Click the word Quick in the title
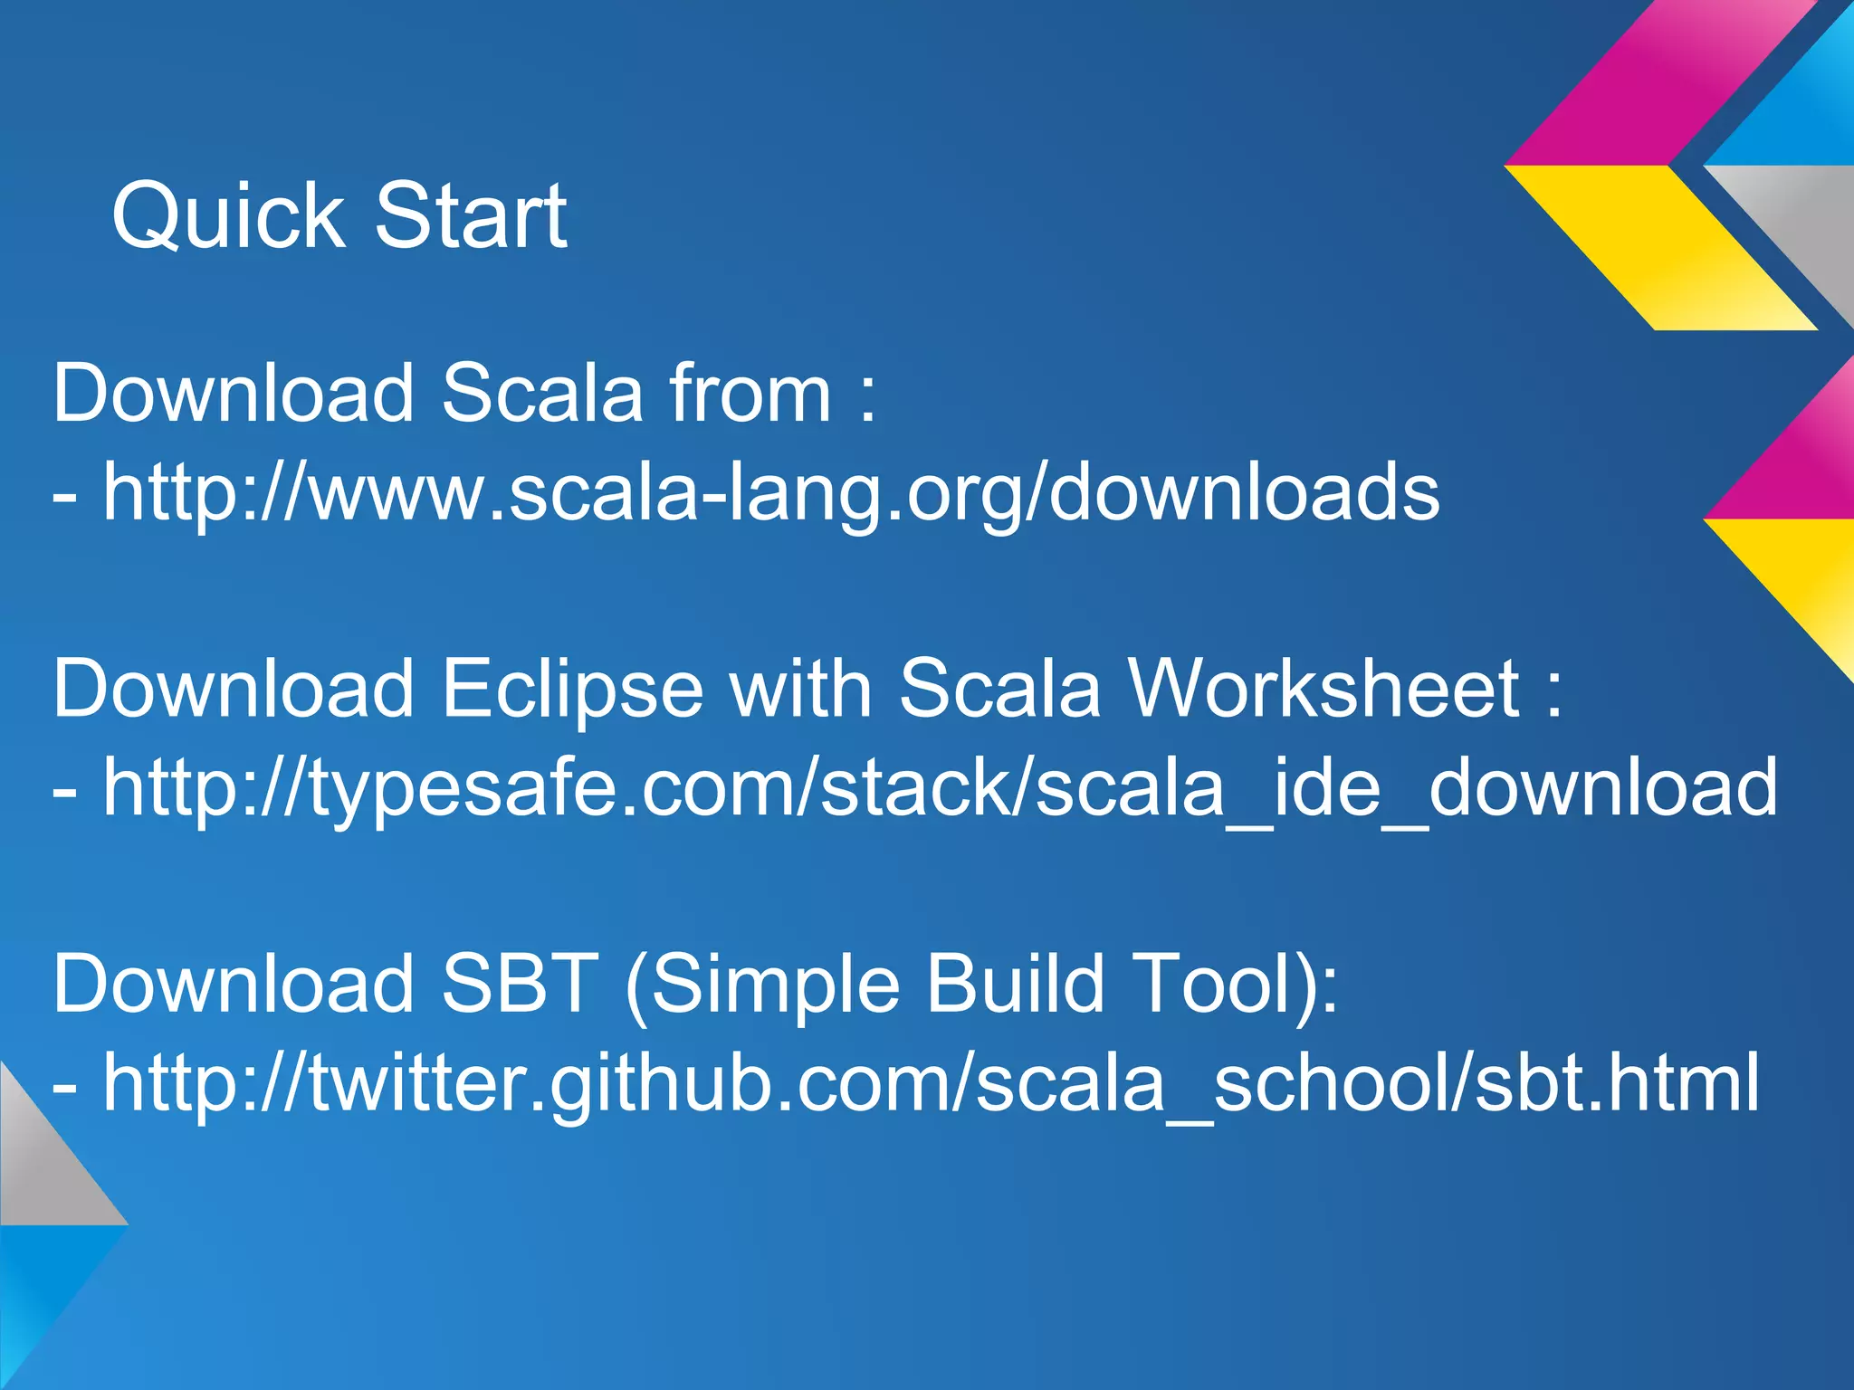(227, 216)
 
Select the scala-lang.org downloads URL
(770, 493)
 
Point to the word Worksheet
(1325, 689)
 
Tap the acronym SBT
(520, 984)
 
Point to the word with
(800, 689)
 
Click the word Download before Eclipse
(234, 689)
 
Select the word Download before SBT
(234, 984)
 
